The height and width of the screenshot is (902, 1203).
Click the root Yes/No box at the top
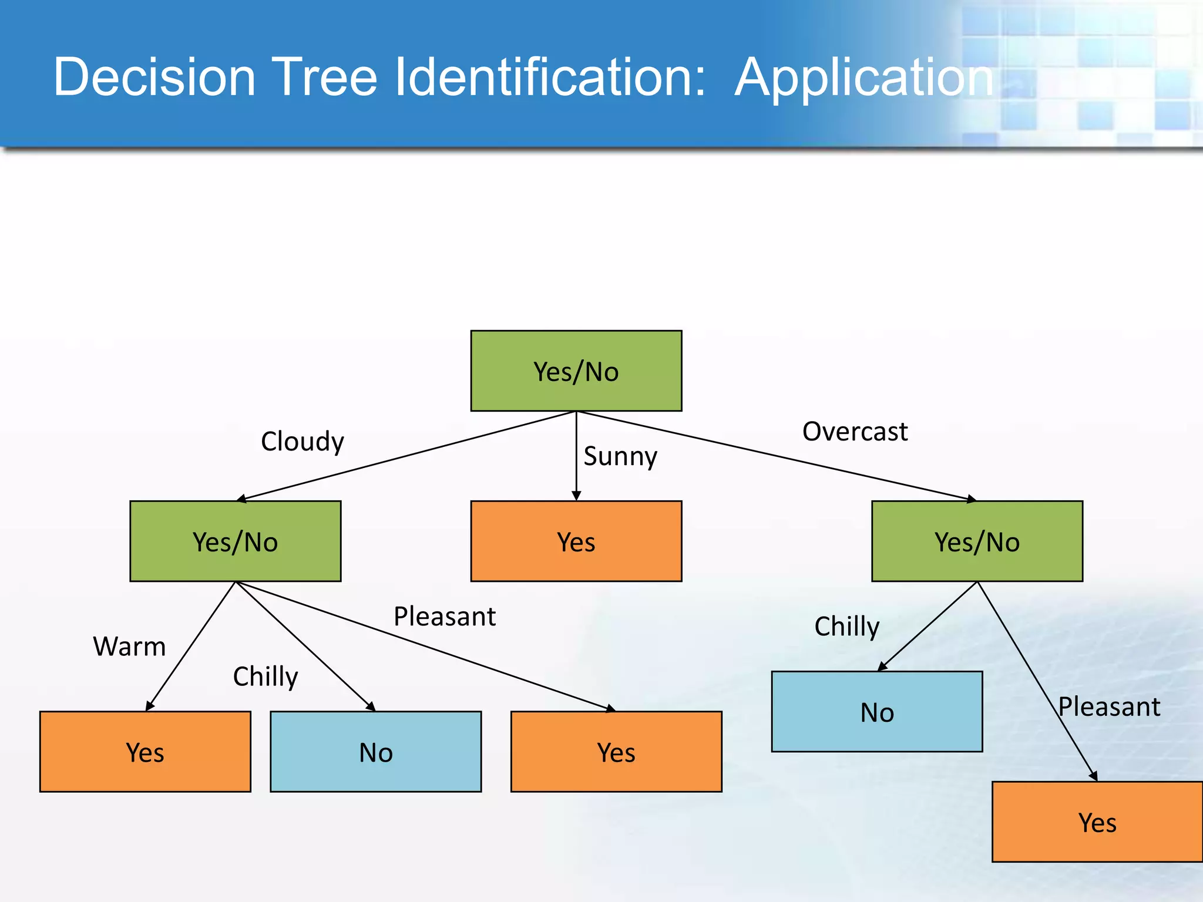click(576, 371)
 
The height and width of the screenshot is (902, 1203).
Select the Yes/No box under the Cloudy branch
click(235, 541)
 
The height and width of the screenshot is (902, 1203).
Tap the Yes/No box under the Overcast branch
click(977, 541)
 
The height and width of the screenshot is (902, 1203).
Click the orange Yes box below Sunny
click(576, 541)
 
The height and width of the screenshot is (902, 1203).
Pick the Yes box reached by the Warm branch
click(145, 752)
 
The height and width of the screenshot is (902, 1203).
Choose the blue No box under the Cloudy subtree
click(375, 752)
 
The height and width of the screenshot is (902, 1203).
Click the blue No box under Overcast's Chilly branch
click(876, 711)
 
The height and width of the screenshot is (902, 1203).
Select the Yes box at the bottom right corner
click(1097, 822)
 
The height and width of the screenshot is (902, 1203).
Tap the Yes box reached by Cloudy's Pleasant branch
click(616, 752)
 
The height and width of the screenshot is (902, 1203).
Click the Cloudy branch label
click(302, 442)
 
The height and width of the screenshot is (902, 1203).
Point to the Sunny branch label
click(620, 456)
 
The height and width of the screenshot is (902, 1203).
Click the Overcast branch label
click(855, 432)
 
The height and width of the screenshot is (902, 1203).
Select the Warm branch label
click(129, 647)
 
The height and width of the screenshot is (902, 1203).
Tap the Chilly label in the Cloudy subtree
click(266, 676)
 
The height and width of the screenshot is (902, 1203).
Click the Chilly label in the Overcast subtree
click(846, 627)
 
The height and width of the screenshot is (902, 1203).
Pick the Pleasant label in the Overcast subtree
click(1108, 706)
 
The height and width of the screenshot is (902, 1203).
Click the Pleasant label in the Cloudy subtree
click(445, 617)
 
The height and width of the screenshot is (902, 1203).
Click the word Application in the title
click(863, 78)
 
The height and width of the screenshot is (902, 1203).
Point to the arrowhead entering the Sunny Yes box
click(576, 496)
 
